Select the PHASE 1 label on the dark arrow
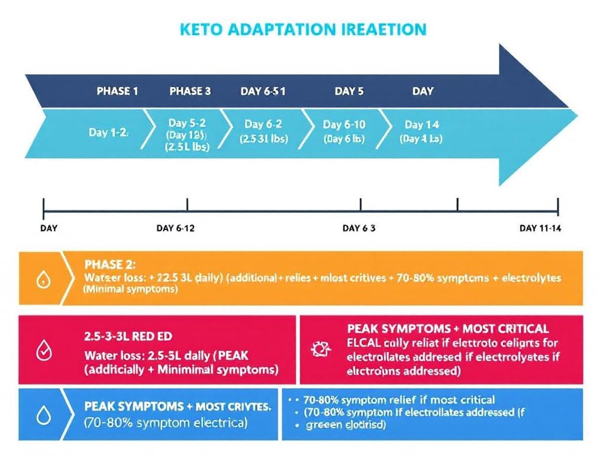click(x=117, y=91)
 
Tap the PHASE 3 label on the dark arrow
click(x=190, y=91)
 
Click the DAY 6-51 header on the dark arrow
click(x=263, y=91)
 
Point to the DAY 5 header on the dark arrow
click(x=349, y=91)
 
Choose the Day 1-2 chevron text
click(x=108, y=132)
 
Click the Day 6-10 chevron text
click(x=344, y=124)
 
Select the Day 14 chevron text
click(x=421, y=124)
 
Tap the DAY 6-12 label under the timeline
click(x=176, y=229)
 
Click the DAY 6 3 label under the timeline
click(x=359, y=229)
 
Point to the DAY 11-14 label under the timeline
click(x=539, y=229)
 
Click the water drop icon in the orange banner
click(x=43, y=280)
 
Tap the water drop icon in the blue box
click(x=43, y=416)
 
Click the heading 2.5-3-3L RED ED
click(x=128, y=336)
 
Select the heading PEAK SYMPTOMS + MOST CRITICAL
click(x=447, y=329)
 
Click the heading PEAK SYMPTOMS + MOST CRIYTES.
click(x=178, y=408)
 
